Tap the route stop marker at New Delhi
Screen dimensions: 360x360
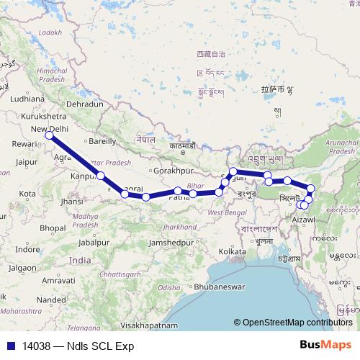pyautogui.click(x=49, y=135)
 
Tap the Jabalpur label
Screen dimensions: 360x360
pyautogui.click(x=94, y=242)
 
